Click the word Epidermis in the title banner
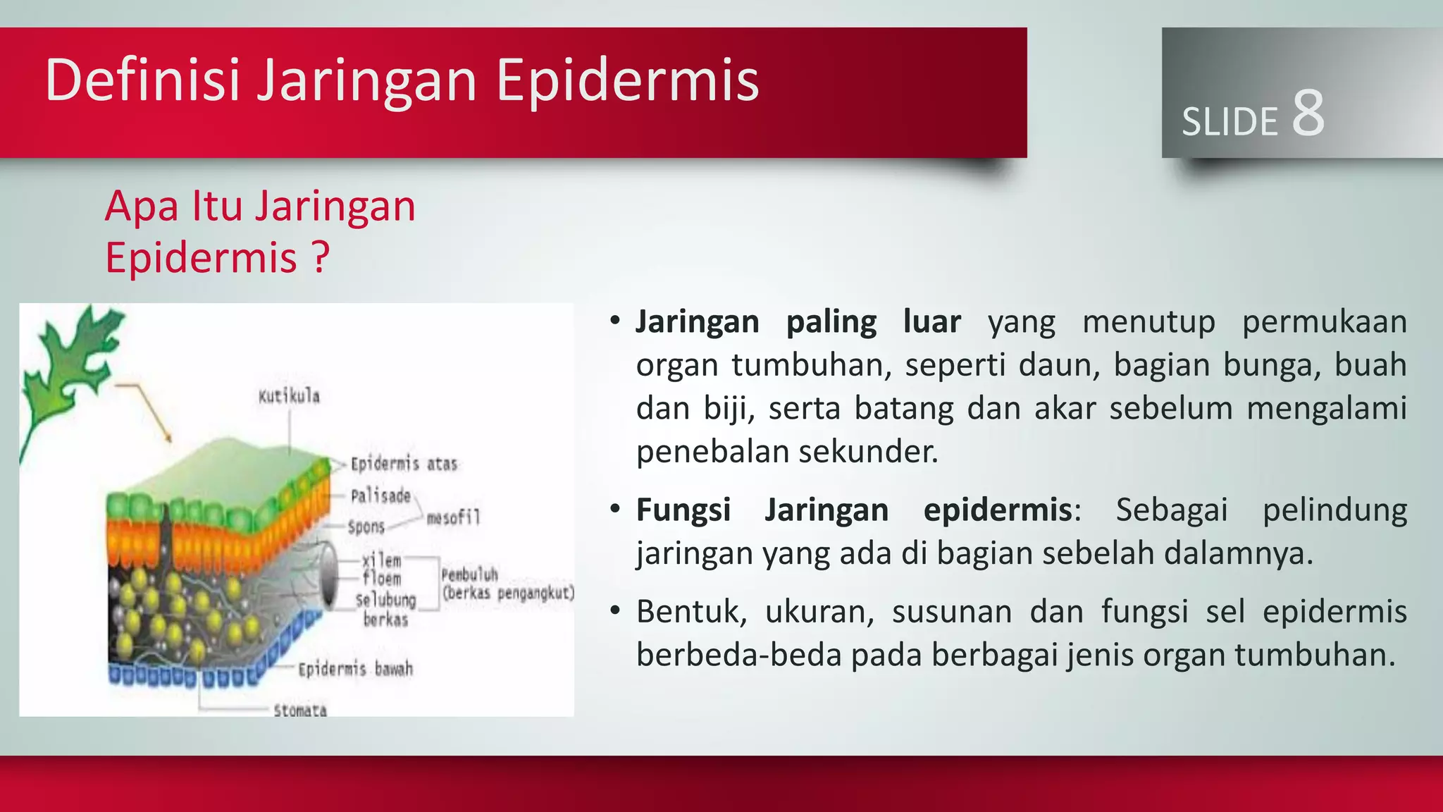click(627, 81)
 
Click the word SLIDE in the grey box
click(1230, 122)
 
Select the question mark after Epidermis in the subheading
click(321, 257)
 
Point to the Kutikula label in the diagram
click(289, 396)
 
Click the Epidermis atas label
click(404, 464)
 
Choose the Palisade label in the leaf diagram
click(380, 496)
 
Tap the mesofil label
click(453, 518)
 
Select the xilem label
click(381, 560)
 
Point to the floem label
click(381, 579)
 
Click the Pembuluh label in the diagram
click(469, 574)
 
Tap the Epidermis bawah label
click(355, 669)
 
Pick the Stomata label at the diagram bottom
click(300, 710)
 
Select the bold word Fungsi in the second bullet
click(683, 510)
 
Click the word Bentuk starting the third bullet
click(690, 612)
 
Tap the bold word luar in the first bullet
click(931, 322)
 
